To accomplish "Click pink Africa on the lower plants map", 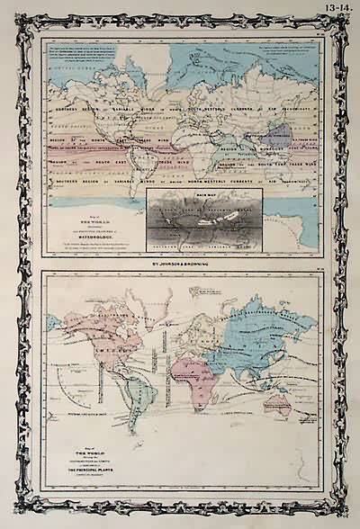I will click(x=193, y=369).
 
